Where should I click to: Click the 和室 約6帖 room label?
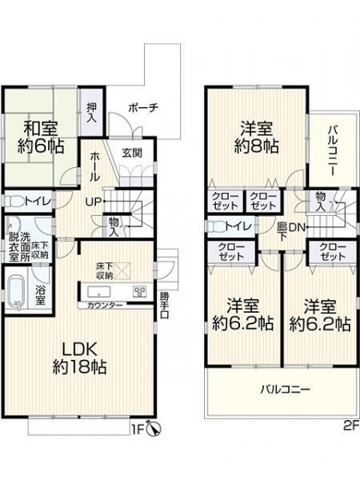41,137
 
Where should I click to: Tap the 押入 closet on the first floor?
91,112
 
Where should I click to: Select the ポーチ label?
143,108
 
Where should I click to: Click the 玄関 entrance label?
132,153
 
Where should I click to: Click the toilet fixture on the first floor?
14,202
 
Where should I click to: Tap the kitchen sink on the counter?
99,291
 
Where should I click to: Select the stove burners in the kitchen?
139,291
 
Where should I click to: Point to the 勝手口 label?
164,306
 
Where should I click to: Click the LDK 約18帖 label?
79,358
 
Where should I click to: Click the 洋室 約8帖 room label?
257,137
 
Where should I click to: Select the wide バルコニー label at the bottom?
286,390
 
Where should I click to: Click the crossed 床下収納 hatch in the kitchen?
122,270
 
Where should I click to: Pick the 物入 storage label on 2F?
321,201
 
